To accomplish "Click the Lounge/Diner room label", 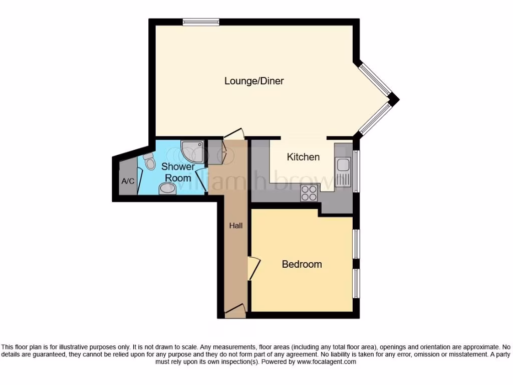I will pyautogui.click(x=254, y=81).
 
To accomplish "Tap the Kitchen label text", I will pyautogui.click(x=303, y=157).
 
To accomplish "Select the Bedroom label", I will pyautogui.click(x=302, y=264).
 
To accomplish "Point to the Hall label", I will pyautogui.click(x=235, y=226).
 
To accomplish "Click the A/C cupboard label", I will pyautogui.click(x=128, y=181).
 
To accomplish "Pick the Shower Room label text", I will pyautogui.click(x=177, y=172).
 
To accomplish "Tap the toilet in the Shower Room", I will pyautogui.click(x=149, y=160).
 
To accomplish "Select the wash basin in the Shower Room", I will pyautogui.click(x=166, y=189).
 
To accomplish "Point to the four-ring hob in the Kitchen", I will pyautogui.click(x=308, y=192).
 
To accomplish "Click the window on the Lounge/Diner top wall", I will pyautogui.click(x=200, y=22).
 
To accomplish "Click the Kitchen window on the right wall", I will pyautogui.click(x=356, y=171).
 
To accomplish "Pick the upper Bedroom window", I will pyautogui.click(x=356, y=244).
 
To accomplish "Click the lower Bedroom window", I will pyautogui.click(x=356, y=283).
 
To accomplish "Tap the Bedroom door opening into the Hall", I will pyautogui.click(x=254, y=269).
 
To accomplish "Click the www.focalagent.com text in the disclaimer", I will pyautogui.click(x=326, y=361).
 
